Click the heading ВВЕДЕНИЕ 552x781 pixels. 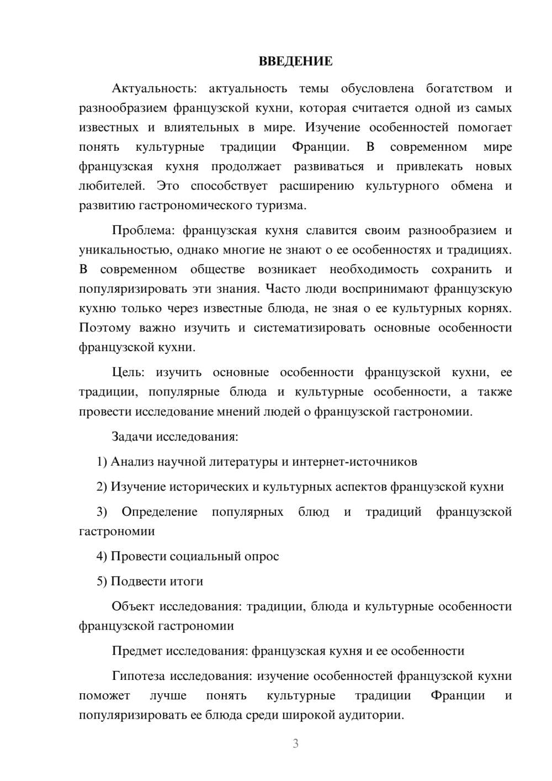[295, 61]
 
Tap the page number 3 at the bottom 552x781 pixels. [295, 743]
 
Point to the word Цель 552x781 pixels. [128, 372]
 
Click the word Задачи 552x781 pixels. [132, 436]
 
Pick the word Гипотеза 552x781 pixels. [139, 676]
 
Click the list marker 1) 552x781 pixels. [102, 462]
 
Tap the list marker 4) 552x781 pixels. [102, 556]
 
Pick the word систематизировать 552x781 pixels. [309, 328]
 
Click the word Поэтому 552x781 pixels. [105, 328]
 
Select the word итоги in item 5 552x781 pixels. [186, 581]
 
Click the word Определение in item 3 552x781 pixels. [160, 512]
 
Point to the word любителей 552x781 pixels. [112, 186]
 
